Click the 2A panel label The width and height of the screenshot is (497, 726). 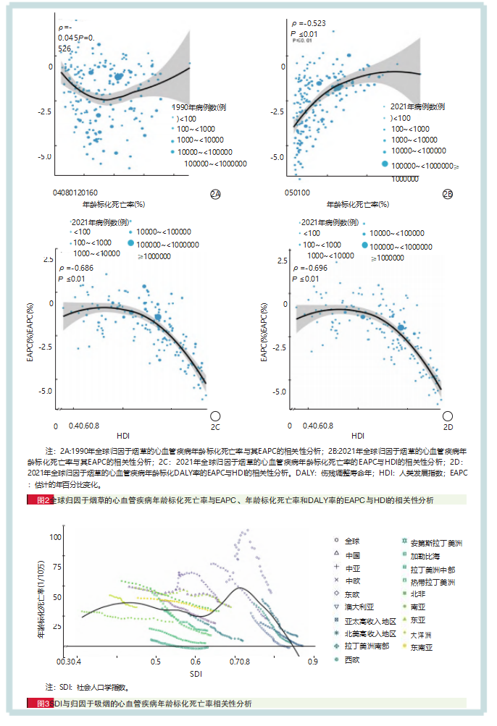click(x=215, y=194)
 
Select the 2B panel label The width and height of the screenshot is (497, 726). click(x=448, y=194)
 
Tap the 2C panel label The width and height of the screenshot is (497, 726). click(x=215, y=416)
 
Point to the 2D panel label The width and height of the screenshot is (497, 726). click(x=448, y=416)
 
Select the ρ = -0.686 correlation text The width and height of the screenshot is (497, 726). click(x=76, y=269)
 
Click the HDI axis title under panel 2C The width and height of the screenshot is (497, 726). click(x=123, y=436)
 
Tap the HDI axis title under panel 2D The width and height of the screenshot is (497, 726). click(x=358, y=436)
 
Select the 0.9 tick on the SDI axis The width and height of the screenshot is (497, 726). click(x=312, y=662)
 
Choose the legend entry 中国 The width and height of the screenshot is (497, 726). click(x=353, y=554)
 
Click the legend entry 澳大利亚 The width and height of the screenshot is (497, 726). click(x=360, y=607)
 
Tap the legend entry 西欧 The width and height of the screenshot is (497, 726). click(x=353, y=659)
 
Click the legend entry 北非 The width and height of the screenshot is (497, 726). click(x=417, y=594)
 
